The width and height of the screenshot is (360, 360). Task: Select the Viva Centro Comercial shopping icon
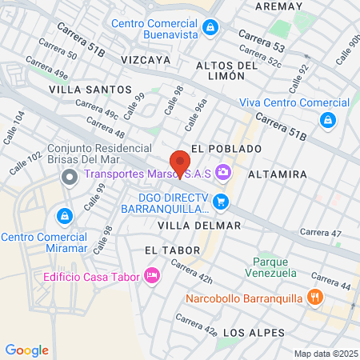(x=326, y=120)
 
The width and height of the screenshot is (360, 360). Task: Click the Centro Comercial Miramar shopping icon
(x=64, y=216)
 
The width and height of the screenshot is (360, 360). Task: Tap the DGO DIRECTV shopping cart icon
(x=222, y=202)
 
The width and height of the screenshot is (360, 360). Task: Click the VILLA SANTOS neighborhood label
(x=78, y=90)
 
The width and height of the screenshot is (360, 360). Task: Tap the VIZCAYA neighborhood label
(x=146, y=60)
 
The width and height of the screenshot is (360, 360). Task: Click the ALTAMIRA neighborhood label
(x=278, y=174)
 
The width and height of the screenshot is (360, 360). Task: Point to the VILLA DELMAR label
(x=199, y=226)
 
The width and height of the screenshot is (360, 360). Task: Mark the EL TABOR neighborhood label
(x=166, y=250)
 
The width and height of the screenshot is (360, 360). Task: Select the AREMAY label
(x=278, y=6)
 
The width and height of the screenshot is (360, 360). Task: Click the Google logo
(x=26, y=350)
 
